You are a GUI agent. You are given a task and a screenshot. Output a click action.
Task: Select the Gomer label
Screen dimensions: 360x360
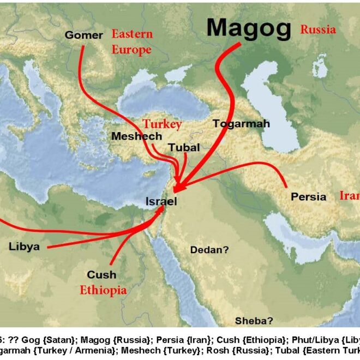tap(83, 35)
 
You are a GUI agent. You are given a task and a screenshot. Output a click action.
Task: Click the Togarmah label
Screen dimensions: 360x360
tap(241, 124)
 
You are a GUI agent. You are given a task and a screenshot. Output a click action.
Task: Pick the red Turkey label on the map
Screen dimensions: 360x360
tap(162, 124)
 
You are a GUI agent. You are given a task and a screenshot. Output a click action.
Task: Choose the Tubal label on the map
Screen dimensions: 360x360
tap(184, 147)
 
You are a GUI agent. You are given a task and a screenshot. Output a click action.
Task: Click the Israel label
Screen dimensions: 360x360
tap(161, 201)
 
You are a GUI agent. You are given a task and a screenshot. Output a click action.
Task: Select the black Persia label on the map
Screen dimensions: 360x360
tap(309, 196)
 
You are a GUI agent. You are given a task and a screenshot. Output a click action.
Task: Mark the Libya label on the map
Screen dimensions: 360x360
tap(24, 246)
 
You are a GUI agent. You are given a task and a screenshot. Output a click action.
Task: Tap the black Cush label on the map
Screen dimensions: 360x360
tap(101, 275)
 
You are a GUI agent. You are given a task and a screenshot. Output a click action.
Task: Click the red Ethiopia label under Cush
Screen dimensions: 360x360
tap(103, 290)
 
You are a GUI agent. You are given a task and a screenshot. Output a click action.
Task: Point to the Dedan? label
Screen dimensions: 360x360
tap(209, 250)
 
